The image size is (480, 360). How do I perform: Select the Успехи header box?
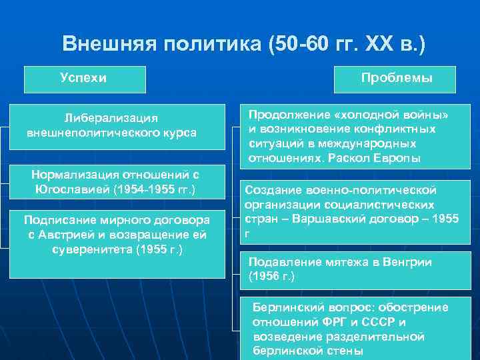click(84, 79)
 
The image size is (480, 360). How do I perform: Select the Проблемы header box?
click(397, 79)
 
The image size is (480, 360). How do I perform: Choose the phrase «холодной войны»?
click(393, 115)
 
